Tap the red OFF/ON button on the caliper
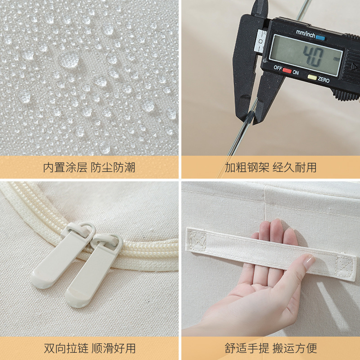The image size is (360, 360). click(x=286, y=71)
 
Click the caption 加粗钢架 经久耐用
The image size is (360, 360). click(x=270, y=168)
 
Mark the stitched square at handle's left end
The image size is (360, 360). click(x=197, y=238)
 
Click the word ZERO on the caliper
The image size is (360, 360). click(x=323, y=80)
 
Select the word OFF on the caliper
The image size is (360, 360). click(x=278, y=67)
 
